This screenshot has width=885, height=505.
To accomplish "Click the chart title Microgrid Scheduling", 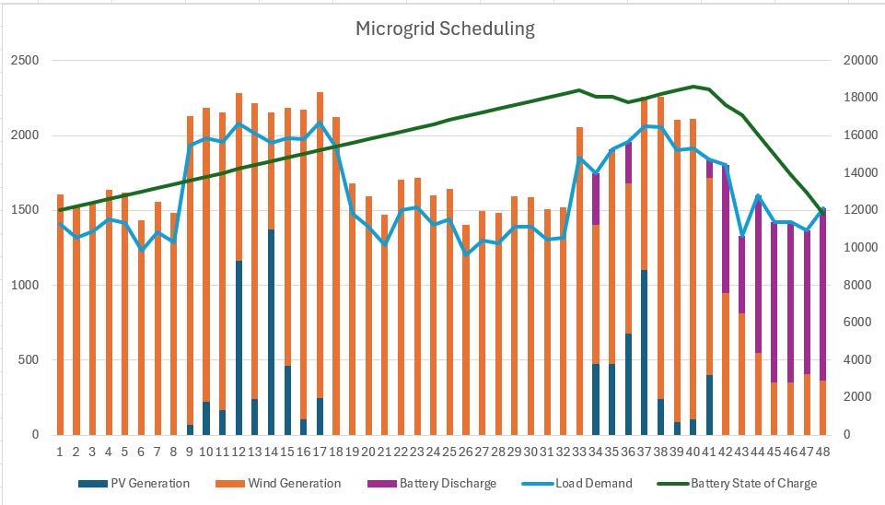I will point(445,29).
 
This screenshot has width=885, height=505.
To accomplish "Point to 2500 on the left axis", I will point(25,61).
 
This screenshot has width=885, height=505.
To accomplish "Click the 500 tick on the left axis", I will point(29,360).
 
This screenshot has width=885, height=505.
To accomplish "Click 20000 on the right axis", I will point(856,61).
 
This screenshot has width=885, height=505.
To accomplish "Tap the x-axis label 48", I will point(822,452).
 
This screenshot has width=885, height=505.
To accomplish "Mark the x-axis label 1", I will point(60,452).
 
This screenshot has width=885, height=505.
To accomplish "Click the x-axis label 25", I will point(449,452).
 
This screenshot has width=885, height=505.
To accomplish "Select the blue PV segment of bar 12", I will point(239,350).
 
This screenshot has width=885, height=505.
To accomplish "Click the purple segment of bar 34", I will point(596,198).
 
